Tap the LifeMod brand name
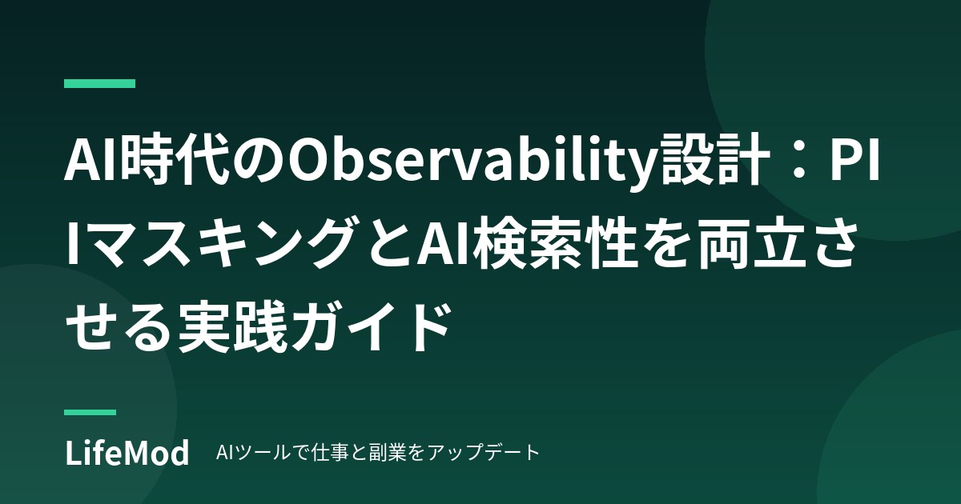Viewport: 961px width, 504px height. [x=127, y=453]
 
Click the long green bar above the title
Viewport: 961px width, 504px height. [x=99, y=83]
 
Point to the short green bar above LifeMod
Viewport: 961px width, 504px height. [x=90, y=412]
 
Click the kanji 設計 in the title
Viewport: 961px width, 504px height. [x=714, y=162]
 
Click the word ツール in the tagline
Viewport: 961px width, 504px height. [x=263, y=453]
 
